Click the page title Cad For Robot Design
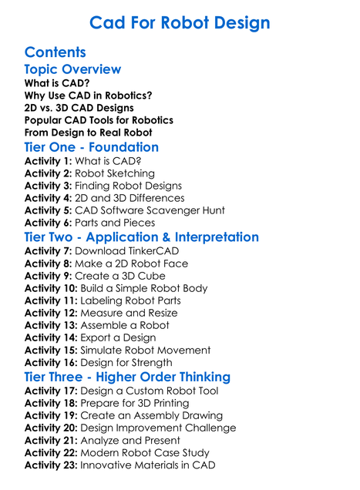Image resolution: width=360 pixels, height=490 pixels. (x=180, y=22)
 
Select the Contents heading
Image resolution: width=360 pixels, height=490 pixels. (x=55, y=52)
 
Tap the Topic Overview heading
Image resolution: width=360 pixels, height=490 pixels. (x=72, y=70)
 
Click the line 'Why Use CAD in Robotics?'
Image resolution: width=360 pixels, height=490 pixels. (x=88, y=96)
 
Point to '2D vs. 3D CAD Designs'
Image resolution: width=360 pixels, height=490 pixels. (x=79, y=108)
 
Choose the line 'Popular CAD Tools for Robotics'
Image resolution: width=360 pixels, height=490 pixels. (x=99, y=120)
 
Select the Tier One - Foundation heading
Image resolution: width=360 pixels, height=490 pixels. (x=92, y=147)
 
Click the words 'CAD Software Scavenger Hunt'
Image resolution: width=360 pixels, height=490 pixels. (x=150, y=210)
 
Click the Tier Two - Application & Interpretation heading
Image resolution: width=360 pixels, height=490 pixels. (x=142, y=237)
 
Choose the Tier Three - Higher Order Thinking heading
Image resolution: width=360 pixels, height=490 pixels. (x=127, y=377)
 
